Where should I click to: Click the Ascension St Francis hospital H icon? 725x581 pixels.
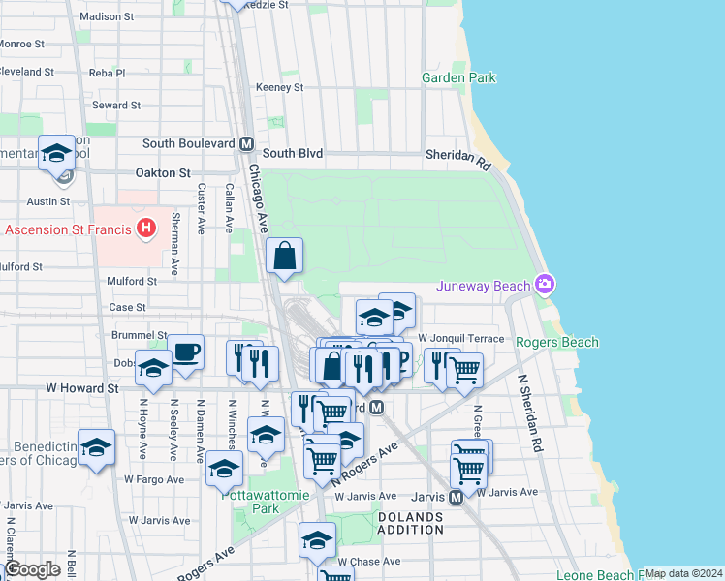(x=145, y=229)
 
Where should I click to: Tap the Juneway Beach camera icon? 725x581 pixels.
(x=546, y=284)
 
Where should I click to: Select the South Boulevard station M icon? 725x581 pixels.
(x=246, y=143)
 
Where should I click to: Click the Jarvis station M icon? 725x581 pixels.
(x=456, y=497)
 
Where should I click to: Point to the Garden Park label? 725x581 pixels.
(x=459, y=77)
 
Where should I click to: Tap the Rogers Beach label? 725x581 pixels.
(x=556, y=342)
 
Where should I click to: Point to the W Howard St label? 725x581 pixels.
(x=81, y=387)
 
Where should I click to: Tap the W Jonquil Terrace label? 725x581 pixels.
(x=461, y=338)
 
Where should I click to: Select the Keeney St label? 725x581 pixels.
(x=279, y=87)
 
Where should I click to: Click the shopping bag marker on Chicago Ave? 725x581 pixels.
(x=285, y=257)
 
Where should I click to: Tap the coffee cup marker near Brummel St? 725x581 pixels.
(x=185, y=352)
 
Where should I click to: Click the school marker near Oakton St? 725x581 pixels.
(x=57, y=153)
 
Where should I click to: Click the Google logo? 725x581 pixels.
(x=33, y=569)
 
